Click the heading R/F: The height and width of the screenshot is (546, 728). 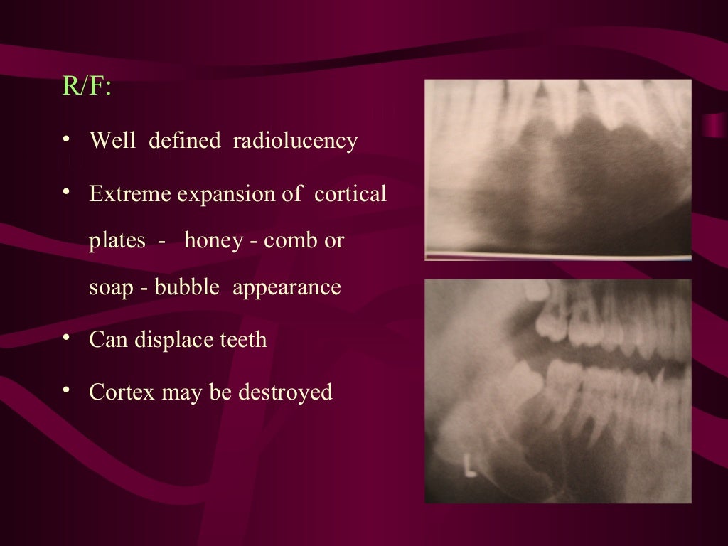click(x=87, y=86)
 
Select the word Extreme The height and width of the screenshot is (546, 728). click(x=130, y=193)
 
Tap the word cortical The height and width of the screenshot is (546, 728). click(x=350, y=193)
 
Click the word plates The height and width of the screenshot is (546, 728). click(x=118, y=240)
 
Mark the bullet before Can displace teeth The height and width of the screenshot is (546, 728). click(x=66, y=338)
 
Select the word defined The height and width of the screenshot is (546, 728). click(x=185, y=141)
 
